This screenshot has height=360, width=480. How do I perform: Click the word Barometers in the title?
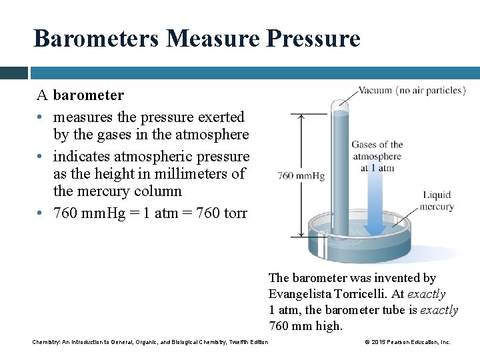(x=96, y=38)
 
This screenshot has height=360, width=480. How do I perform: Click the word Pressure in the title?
(x=313, y=38)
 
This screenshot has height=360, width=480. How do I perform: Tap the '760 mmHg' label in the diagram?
(x=301, y=176)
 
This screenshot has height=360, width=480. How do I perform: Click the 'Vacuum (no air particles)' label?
(x=411, y=90)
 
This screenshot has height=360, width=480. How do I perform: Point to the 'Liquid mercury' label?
(x=438, y=201)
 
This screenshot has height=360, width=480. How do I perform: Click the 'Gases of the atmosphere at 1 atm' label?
(x=377, y=156)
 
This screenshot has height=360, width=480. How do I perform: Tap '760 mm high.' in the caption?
(x=305, y=326)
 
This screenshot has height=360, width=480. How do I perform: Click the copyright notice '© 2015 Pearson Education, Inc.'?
(x=407, y=342)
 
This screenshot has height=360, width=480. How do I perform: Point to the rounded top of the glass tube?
(x=341, y=104)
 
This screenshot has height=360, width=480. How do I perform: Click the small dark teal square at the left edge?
(x=13, y=73)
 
